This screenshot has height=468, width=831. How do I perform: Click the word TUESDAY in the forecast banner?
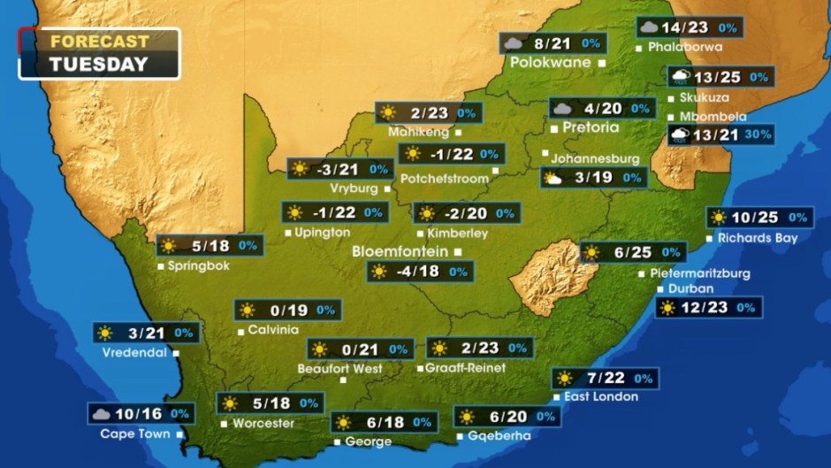(x=98, y=64)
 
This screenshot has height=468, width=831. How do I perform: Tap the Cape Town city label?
(x=135, y=433)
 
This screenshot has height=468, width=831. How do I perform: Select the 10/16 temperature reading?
(x=139, y=413)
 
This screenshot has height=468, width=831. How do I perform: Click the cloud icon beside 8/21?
(x=513, y=42)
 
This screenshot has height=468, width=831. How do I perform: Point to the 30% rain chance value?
(x=757, y=134)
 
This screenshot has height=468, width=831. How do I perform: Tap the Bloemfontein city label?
(x=400, y=251)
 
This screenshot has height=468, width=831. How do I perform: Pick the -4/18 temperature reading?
(x=417, y=272)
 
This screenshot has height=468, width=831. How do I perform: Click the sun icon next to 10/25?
(x=718, y=218)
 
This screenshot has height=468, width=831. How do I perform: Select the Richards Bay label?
(x=758, y=238)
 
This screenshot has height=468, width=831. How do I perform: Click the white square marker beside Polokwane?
(x=602, y=64)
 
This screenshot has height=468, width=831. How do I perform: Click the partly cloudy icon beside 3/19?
(x=553, y=179)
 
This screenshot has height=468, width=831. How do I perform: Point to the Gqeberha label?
(x=499, y=435)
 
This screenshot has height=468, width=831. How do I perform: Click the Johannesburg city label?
(x=595, y=158)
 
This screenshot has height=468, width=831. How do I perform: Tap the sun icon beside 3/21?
(x=105, y=333)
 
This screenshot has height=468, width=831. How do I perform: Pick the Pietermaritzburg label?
(x=699, y=273)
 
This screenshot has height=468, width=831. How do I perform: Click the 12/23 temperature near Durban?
(x=705, y=308)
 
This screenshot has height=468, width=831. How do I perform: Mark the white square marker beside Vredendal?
(x=176, y=352)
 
